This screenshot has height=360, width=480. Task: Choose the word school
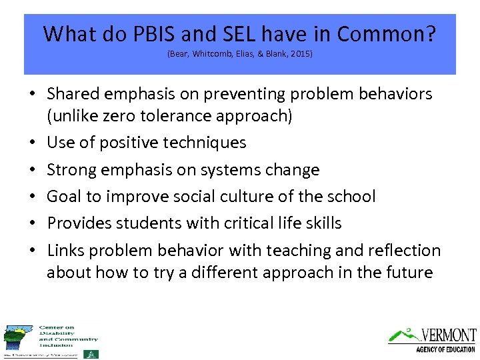coord(352,197)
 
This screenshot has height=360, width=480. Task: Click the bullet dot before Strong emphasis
coord(33,171)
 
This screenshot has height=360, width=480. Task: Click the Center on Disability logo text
coord(67,336)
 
